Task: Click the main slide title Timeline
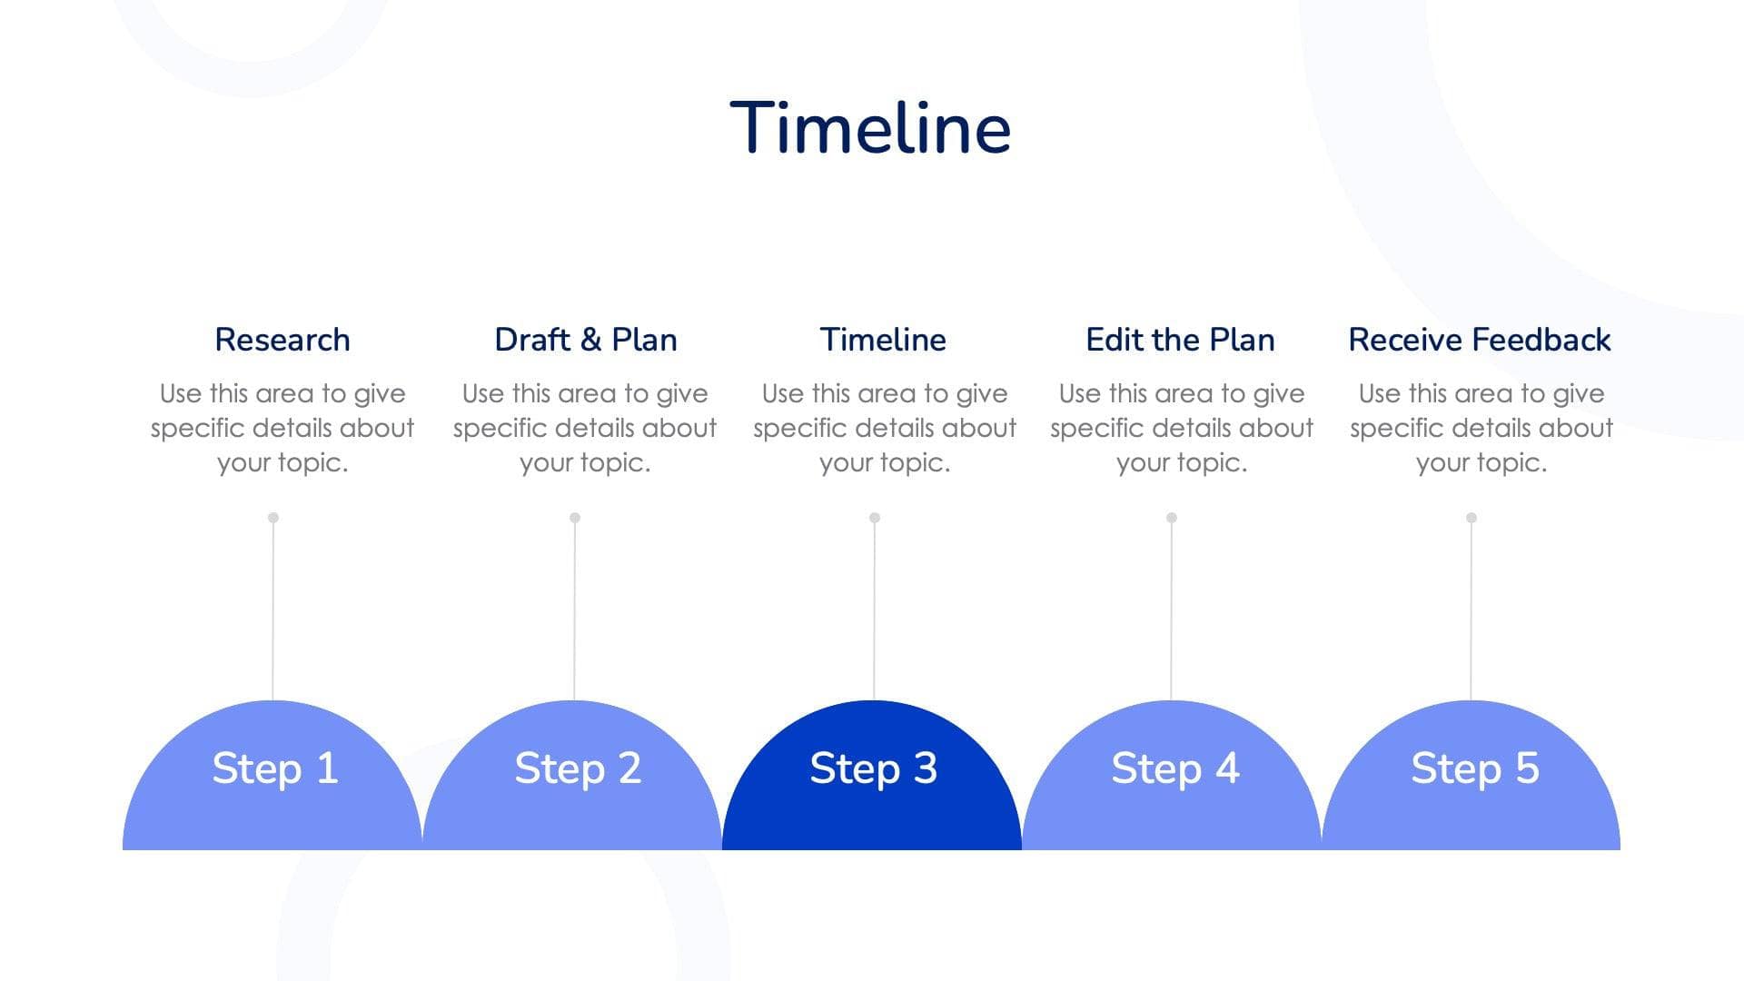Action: pos(870,127)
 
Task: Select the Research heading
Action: pos(282,340)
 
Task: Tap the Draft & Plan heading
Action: pos(586,340)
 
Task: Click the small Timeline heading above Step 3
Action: pos(883,340)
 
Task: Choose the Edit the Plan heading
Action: pos(1180,340)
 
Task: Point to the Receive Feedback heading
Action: pos(1480,340)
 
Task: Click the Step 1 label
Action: pos(275,768)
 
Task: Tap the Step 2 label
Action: pos(578,768)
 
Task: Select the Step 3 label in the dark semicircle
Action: pos(873,768)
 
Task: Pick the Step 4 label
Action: pos(1175,768)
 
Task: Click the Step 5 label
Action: pos(1475,768)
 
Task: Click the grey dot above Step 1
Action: pos(273,518)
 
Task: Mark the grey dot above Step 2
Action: pos(575,518)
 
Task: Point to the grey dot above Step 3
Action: pos(875,518)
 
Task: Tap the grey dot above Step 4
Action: pos(1172,518)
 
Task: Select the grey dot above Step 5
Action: pos(1471,518)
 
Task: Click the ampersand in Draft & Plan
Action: pos(590,340)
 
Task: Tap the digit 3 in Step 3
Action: pos(925,768)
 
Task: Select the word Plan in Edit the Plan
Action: pos(1242,340)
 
